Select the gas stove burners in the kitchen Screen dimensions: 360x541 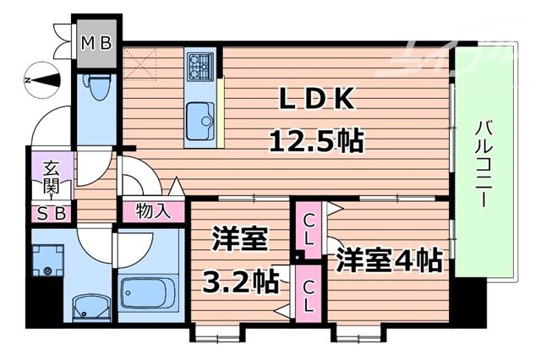tap(201, 63)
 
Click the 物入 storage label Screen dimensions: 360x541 tap(153, 210)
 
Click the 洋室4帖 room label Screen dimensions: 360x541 tap(389, 259)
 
